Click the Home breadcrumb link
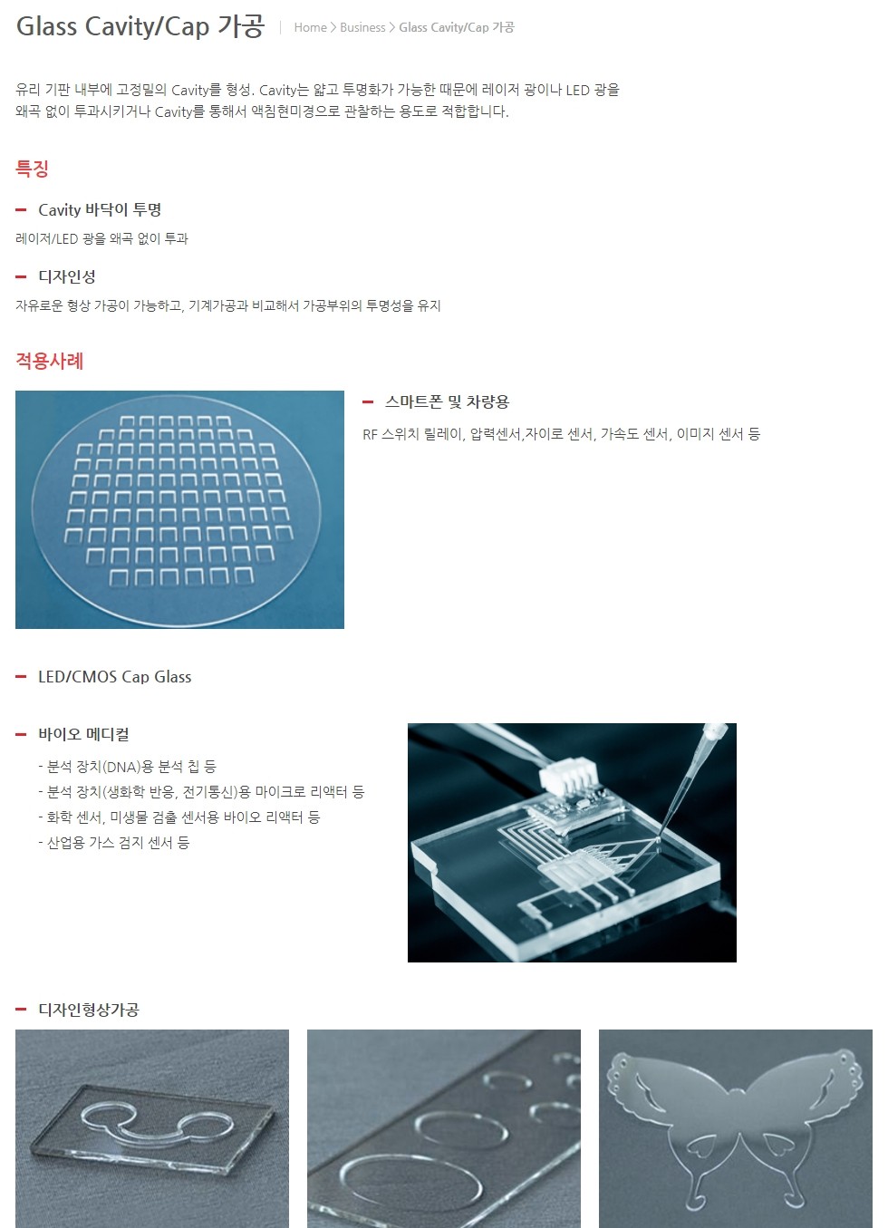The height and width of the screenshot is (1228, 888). pos(310,27)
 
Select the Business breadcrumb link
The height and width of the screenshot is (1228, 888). pos(362,27)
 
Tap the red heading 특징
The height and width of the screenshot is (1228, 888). pos(33,169)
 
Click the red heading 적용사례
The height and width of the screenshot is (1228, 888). pos(49,361)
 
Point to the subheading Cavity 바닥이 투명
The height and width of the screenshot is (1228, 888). pos(100,209)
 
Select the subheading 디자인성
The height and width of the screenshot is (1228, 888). pos(67,276)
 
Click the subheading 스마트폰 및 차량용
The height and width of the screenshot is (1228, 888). pos(448,401)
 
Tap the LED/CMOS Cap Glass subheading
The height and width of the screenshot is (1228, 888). pos(114,676)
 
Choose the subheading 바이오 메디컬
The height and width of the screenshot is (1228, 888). pos(83,734)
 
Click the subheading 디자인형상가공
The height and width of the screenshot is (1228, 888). pos(89,1010)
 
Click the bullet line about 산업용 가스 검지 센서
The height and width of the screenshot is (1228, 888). pos(114,843)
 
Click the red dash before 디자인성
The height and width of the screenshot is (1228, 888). pos(21,276)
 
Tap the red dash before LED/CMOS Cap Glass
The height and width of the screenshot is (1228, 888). pos(21,677)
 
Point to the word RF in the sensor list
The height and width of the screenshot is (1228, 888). pos(370,434)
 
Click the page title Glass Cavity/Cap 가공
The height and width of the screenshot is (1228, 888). pos(140,25)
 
